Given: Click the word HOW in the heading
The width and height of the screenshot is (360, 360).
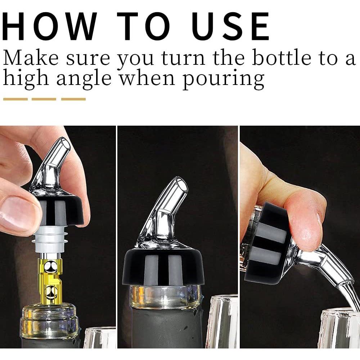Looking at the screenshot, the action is (x=49, y=26).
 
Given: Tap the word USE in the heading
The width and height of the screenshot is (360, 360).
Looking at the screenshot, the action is (x=231, y=26).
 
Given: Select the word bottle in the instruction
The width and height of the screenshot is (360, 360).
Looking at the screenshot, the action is (x=282, y=58).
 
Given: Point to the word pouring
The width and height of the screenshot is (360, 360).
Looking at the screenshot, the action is (x=224, y=79).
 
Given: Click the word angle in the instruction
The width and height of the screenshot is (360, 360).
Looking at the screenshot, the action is (x=84, y=79).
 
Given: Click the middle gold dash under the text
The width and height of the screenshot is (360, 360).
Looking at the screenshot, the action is (x=44, y=99).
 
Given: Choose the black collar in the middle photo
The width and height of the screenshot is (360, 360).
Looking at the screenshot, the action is (x=163, y=267).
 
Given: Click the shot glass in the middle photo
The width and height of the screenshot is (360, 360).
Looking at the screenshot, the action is (x=222, y=321).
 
